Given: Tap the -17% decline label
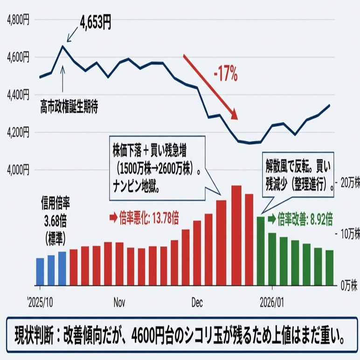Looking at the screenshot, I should (x=226, y=73).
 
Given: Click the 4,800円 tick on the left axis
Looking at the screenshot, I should (x=19, y=20).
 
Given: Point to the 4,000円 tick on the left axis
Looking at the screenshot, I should (x=19, y=169).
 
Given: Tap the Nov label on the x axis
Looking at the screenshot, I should (x=120, y=302).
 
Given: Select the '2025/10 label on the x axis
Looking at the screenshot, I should (x=40, y=302).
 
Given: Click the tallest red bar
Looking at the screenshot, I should (x=236, y=235).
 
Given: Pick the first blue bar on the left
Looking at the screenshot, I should (x=40, y=271).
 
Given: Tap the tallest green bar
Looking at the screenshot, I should (x=261, y=251).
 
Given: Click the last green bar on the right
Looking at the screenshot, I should (x=329, y=268).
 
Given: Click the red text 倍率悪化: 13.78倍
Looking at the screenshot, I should (x=144, y=217).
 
